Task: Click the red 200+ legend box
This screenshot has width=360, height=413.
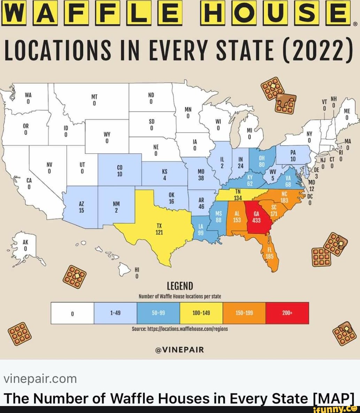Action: (x=287, y=313)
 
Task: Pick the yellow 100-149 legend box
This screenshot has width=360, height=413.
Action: (x=201, y=313)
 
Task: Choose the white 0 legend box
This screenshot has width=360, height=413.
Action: (x=72, y=313)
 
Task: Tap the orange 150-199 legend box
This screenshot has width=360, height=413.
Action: (x=244, y=313)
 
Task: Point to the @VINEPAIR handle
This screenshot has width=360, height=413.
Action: (x=180, y=350)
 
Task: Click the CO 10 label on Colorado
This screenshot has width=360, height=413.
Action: (x=119, y=171)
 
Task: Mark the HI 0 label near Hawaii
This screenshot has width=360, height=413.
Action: (x=137, y=273)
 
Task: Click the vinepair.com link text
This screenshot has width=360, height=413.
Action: (x=39, y=378)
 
